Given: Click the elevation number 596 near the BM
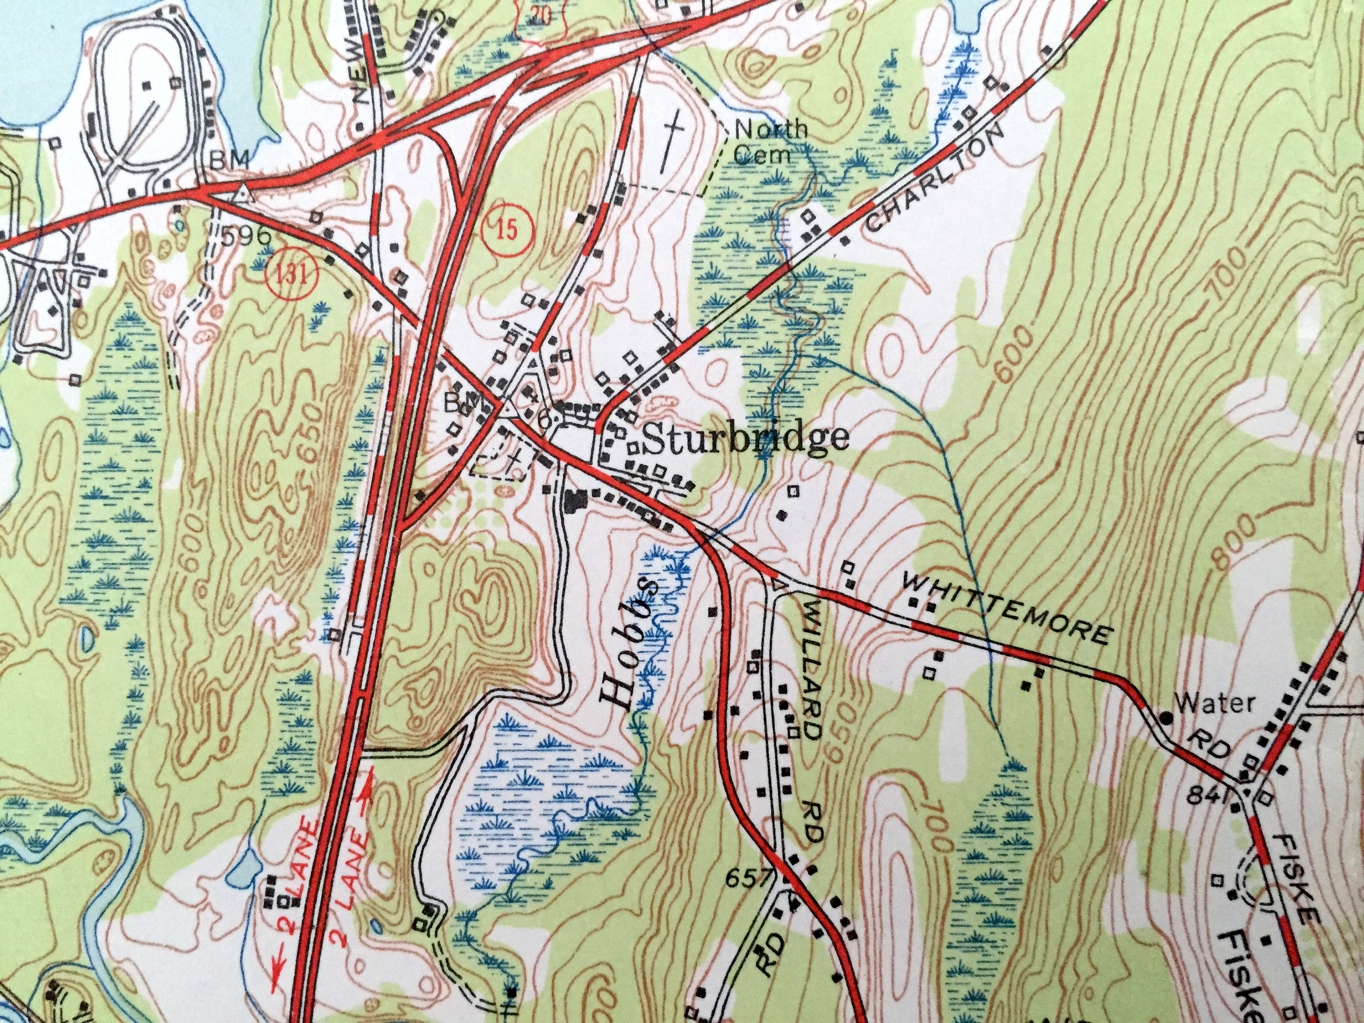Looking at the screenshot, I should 244,235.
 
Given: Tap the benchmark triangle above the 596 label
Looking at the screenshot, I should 243,192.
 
